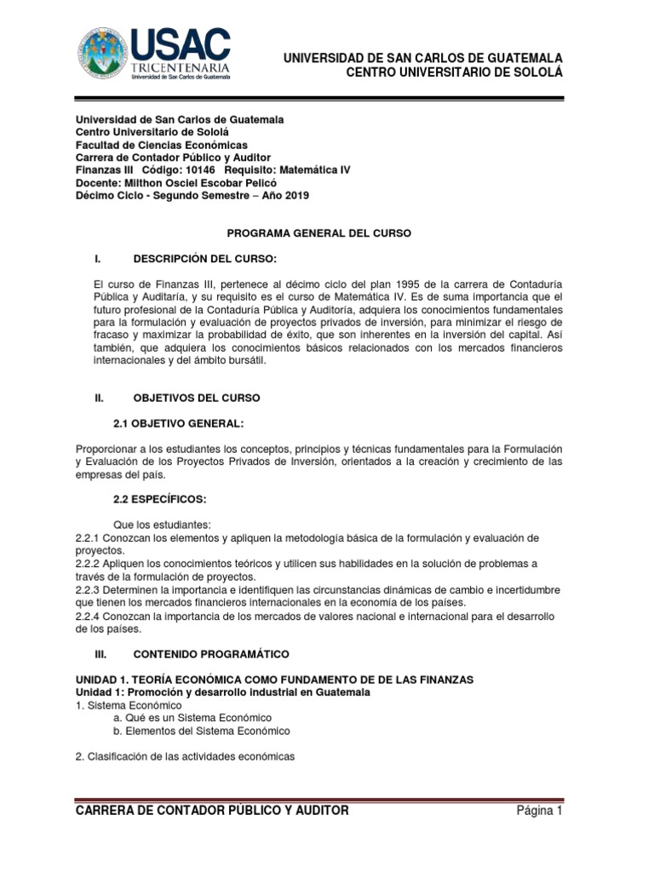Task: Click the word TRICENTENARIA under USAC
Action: (x=181, y=66)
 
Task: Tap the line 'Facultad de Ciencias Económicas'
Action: (x=162, y=145)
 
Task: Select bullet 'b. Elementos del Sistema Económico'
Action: (x=202, y=731)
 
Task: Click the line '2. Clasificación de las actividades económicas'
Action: (x=185, y=756)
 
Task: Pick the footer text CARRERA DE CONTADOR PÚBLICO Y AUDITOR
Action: (x=212, y=811)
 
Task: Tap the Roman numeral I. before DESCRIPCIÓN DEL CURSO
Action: (x=100, y=258)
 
